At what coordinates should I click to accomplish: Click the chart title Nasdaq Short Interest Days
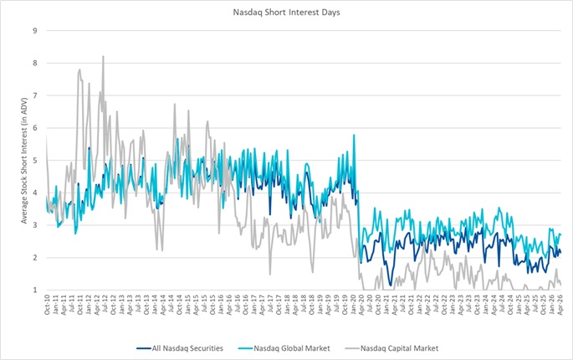[286, 12]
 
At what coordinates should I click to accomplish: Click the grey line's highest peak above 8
[103, 56]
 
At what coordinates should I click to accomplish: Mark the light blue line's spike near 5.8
[354, 135]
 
